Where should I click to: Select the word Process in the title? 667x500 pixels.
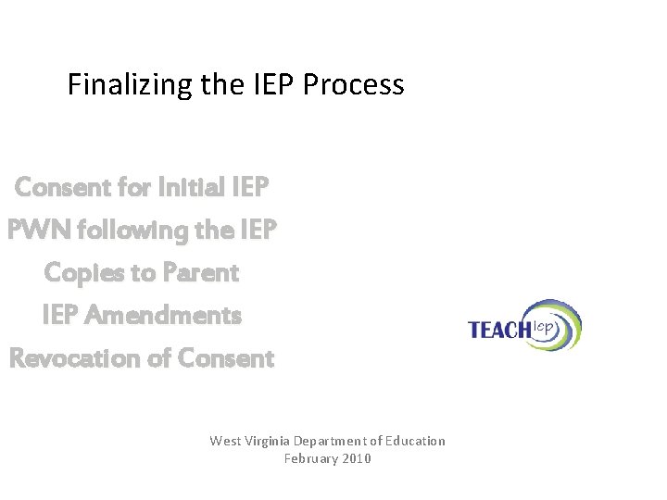click(x=361, y=86)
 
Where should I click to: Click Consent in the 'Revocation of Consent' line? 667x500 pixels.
click(x=226, y=358)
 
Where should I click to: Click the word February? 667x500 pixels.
click(x=310, y=458)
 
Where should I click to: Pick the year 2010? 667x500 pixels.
click(x=356, y=458)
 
